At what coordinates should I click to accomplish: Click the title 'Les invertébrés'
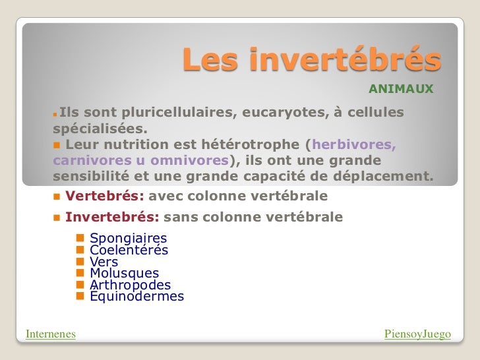click(311, 61)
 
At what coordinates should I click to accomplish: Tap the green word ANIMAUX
click(400, 88)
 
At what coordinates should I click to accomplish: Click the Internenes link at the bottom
click(50, 334)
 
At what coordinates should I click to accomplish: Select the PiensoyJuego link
click(417, 334)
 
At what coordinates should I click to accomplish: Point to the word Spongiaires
click(128, 238)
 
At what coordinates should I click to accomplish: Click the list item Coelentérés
click(129, 250)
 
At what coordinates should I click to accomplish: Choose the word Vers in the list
click(104, 262)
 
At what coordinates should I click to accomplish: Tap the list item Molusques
click(124, 273)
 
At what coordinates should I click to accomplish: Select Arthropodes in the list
click(130, 285)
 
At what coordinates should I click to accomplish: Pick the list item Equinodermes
click(136, 297)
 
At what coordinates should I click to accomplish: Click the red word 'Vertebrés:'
click(105, 196)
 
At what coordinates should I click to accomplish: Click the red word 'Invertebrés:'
click(111, 216)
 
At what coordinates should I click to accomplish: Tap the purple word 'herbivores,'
click(354, 145)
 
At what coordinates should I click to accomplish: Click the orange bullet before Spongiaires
click(80, 237)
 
